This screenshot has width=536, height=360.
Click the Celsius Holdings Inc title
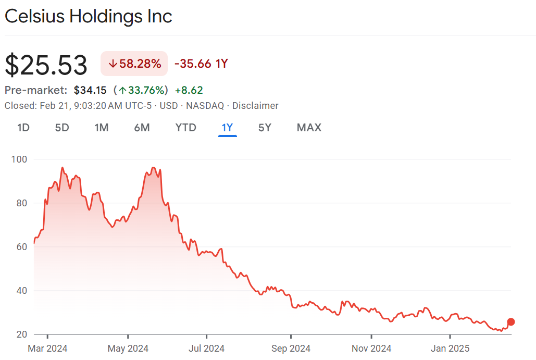pos(88,16)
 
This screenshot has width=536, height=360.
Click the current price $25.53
pos(46,65)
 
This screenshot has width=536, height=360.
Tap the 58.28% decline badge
pos(134,64)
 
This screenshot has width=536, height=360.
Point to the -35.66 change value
pos(193,64)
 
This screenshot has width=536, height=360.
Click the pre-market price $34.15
pos(90,90)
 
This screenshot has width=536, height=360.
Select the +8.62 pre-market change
pos(189,90)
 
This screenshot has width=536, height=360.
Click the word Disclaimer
pos(255,106)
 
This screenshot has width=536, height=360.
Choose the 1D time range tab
pos(23,128)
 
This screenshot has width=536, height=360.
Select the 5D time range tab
pos(62,128)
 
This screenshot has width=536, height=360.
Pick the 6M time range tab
pos(142,128)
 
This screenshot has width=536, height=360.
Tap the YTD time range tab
pos(186,128)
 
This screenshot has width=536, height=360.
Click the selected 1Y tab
pos(228,128)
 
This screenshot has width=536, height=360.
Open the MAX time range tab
pos(309,128)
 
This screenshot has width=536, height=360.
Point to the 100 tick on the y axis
pos(19,159)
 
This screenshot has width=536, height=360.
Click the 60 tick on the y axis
pos(21,246)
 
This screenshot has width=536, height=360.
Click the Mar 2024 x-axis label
pos(47,348)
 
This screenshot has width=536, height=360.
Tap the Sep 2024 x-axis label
pos(292,348)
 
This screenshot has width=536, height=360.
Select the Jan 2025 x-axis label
pos(450,348)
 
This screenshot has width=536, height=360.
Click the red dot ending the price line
pos(511,322)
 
